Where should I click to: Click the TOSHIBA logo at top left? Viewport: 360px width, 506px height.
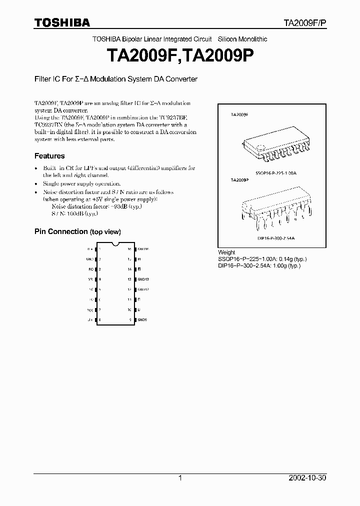[x=62, y=22]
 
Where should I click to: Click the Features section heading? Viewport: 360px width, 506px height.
[x=49, y=156]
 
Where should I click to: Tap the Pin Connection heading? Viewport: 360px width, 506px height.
[x=77, y=232]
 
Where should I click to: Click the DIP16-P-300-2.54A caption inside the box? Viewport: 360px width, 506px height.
[x=276, y=239]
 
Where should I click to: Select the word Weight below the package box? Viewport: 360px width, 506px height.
[x=226, y=252]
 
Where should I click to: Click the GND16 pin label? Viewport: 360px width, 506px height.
[x=143, y=248]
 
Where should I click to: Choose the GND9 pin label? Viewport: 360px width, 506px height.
[x=142, y=319]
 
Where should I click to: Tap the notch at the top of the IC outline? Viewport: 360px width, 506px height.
[x=115, y=244]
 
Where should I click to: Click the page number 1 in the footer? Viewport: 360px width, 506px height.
[x=180, y=478]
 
